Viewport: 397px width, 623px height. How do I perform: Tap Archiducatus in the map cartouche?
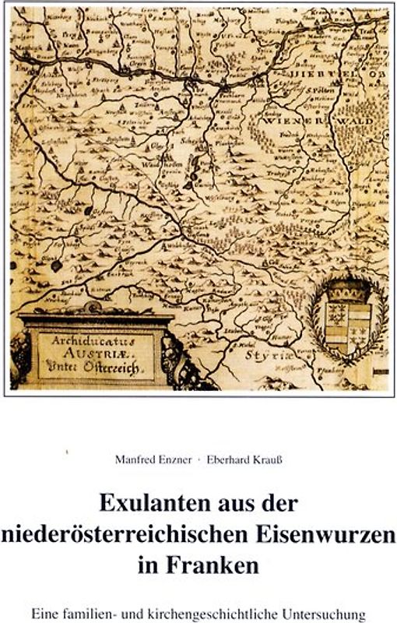coord(86,340)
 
